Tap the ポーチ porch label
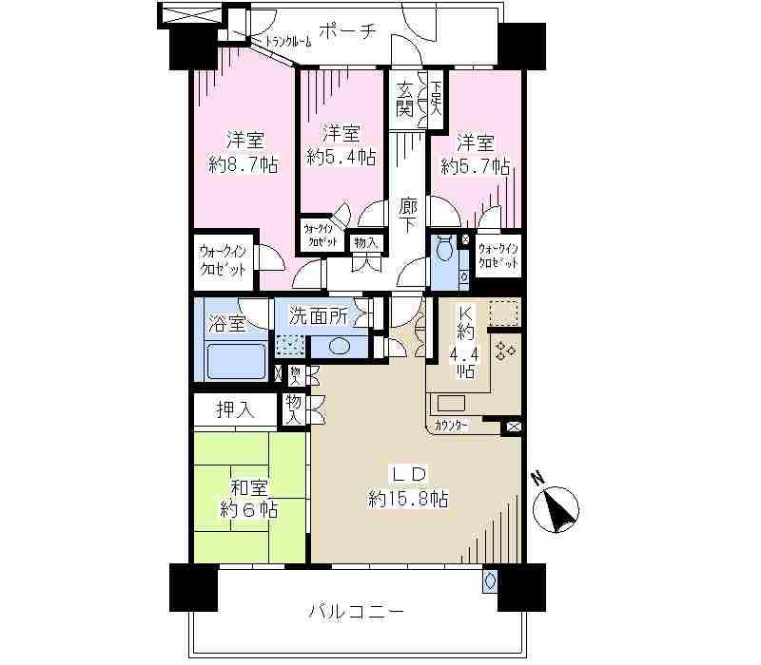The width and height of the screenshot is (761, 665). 345,29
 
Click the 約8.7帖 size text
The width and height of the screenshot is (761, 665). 244,164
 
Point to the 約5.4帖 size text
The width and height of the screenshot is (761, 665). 340,156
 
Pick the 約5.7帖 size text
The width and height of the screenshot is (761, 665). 476,166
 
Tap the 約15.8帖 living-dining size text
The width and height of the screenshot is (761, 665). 409,498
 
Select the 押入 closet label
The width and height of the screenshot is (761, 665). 234,410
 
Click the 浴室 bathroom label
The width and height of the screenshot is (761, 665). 227,323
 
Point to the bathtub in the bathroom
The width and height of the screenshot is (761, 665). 236,361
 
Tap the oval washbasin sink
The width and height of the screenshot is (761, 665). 341,346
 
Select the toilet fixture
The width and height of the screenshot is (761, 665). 443,253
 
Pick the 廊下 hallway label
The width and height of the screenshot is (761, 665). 409,215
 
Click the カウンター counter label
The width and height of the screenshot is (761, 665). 451,426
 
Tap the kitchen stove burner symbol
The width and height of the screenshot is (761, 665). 504,351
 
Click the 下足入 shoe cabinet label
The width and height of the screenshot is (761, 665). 436,99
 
